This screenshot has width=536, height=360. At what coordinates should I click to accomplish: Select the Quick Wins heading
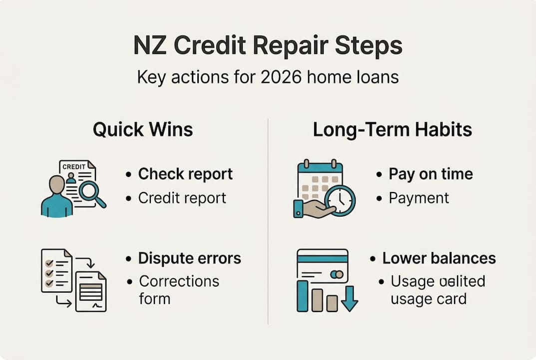(x=143, y=130)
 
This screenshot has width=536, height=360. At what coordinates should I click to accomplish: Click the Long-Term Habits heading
(x=392, y=130)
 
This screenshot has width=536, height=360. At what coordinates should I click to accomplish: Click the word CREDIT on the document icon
(x=73, y=166)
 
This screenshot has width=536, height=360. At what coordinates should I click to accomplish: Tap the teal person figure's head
(x=57, y=184)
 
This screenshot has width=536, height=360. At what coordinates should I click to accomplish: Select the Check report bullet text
(x=185, y=174)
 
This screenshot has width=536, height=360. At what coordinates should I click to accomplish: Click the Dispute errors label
(x=189, y=258)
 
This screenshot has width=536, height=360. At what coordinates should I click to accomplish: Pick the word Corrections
(x=179, y=281)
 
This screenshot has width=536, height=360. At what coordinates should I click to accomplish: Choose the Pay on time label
(x=431, y=174)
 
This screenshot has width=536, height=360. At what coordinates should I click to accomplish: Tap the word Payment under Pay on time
(x=419, y=197)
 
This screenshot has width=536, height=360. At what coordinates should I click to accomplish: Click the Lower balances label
(x=439, y=258)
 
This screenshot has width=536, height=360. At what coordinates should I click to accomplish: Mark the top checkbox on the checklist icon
(x=49, y=262)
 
